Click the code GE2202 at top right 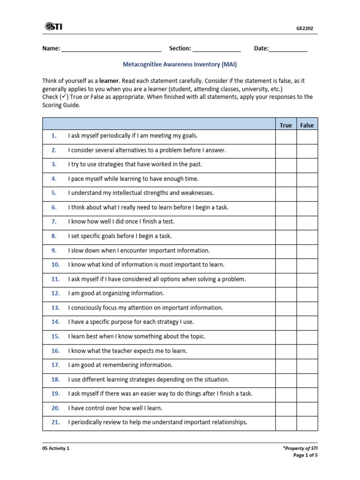tap(305, 28)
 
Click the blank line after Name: tap(111, 49)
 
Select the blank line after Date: tap(288, 49)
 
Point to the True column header tap(285, 125)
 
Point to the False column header tap(307, 125)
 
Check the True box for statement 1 tap(285, 136)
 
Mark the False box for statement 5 tap(307, 193)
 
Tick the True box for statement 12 tap(285, 293)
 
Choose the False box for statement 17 tap(307, 365)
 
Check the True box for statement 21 tap(285, 422)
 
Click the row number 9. tap(54, 251)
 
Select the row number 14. tap(56, 322)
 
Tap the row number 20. tap(56, 408)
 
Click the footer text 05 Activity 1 tap(56, 448)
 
